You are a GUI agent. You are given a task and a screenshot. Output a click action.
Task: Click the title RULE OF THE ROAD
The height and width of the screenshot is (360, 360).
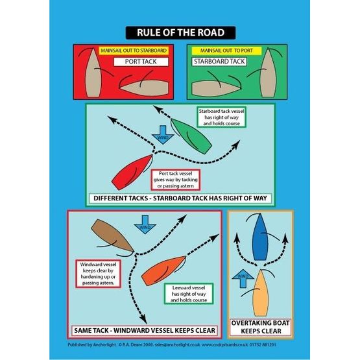pos(180,33)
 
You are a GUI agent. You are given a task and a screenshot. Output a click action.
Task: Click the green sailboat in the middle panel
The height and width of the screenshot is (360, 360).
pos(190,137)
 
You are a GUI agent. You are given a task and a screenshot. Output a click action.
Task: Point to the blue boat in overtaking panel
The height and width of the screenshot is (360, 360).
pos(261,236)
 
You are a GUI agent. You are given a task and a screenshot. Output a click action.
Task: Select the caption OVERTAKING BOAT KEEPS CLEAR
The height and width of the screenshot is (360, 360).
pos(260,326)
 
